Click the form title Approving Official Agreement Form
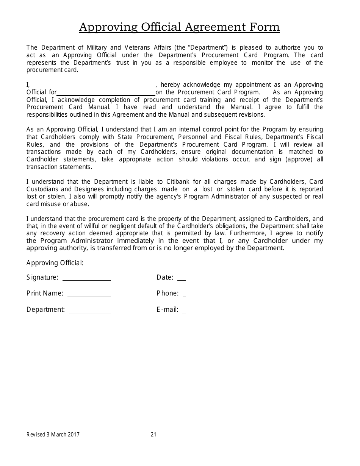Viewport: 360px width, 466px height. [x=179, y=27]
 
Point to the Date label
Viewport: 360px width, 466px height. [x=165, y=277]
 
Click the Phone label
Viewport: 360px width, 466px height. [x=167, y=293]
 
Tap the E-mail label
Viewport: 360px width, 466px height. [x=167, y=310]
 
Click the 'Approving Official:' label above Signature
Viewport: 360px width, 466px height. [x=55, y=263]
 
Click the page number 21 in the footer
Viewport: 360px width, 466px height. [x=153, y=435]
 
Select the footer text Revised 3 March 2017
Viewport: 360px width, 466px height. [x=53, y=435]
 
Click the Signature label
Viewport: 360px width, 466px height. [x=42, y=277]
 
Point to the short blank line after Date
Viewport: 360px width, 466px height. [x=182, y=280]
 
